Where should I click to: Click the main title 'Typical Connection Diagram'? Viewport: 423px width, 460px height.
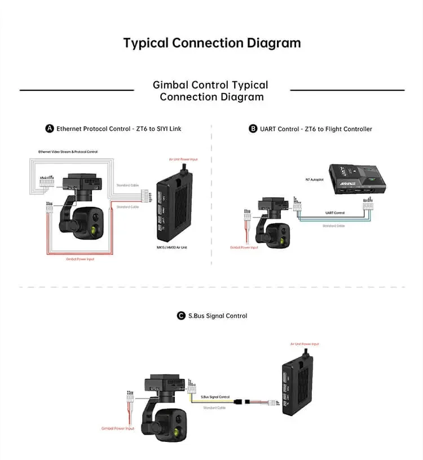(x=211, y=43)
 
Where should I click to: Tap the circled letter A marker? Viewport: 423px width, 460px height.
(x=50, y=129)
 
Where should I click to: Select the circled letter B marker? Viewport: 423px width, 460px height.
(x=253, y=129)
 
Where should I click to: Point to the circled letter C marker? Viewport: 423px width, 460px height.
(x=181, y=316)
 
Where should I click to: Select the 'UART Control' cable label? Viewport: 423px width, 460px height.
(x=335, y=213)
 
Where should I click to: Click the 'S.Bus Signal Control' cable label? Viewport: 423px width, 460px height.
(x=215, y=397)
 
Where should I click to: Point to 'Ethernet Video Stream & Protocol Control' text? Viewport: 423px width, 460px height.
(x=68, y=152)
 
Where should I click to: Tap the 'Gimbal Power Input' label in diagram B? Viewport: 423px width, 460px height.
(x=244, y=247)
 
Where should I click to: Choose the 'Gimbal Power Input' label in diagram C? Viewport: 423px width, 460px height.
(x=118, y=429)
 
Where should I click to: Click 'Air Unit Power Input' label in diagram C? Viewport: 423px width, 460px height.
(x=305, y=344)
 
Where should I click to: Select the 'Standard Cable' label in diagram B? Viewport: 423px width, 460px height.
(x=334, y=225)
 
